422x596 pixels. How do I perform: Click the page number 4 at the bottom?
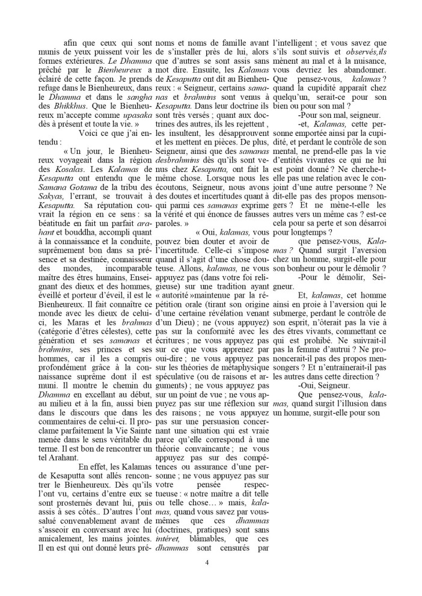[207, 562]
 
